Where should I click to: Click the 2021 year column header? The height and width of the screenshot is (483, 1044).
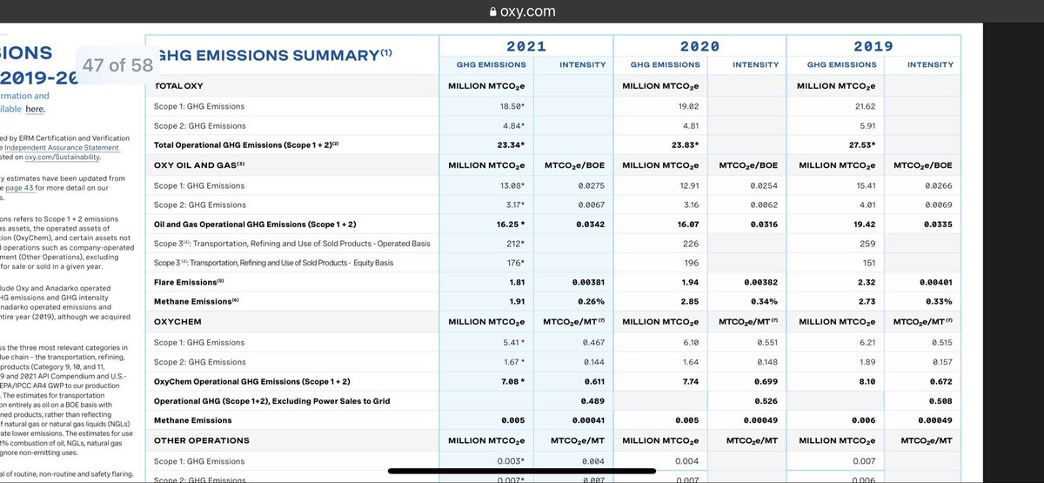pos(525,46)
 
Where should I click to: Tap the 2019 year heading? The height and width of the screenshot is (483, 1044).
pos(873,46)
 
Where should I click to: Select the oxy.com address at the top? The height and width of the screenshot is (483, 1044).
pos(527,11)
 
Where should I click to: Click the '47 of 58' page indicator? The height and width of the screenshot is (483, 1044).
pos(117,65)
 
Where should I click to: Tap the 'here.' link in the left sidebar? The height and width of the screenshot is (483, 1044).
pos(35,109)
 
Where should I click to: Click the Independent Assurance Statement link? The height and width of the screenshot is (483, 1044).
pos(61,148)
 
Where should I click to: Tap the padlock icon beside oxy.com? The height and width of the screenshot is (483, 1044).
pos(494,11)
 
